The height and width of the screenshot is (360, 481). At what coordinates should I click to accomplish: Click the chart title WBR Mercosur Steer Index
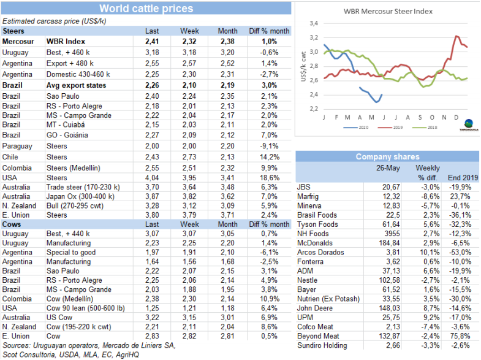coord(388,11)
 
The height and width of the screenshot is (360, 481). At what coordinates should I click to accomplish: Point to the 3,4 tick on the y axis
coord(313,23)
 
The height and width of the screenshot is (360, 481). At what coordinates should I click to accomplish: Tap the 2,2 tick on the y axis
coord(313,109)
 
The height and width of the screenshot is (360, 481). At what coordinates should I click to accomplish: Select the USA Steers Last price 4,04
coord(151,177)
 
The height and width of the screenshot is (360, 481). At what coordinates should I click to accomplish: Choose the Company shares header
coord(388,157)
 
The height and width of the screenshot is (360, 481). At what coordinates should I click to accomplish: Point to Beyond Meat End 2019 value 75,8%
coord(467,336)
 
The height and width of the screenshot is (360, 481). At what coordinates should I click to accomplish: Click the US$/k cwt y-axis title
coord(303,66)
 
